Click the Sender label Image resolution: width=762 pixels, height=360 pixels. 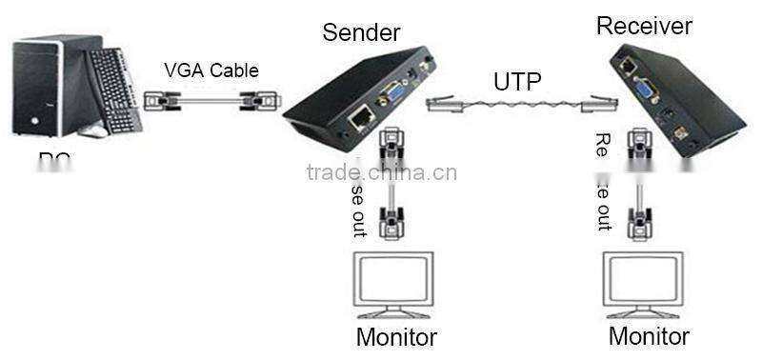pyautogui.click(x=362, y=31)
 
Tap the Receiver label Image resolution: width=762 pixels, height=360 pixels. pyautogui.click(x=645, y=26)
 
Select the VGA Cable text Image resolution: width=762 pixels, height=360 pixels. pyautogui.click(x=211, y=70)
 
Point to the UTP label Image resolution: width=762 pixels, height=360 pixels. pyautogui.click(x=517, y=82)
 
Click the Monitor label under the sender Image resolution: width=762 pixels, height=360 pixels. pyautogui.click(x=396, y=337)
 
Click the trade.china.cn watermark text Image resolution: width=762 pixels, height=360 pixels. pyautogui.click(x=382, y=172)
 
